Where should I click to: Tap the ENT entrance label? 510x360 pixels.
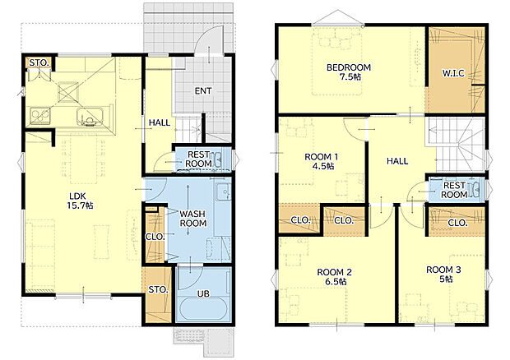[203, 91]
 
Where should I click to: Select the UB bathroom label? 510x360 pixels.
[203, 294]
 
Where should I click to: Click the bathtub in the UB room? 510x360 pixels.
[204, 309]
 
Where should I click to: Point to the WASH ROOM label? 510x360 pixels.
[192, 219]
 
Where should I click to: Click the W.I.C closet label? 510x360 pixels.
[453, 73]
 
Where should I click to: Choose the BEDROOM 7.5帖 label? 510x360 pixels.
[349, 72]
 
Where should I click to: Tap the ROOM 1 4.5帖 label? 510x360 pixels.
[321, 161]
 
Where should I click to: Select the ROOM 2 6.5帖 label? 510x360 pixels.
[334, 277]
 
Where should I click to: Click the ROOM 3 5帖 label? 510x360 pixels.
[443, 275]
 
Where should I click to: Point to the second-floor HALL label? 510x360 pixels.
[397, 161]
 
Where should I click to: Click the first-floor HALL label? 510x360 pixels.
[160, 122]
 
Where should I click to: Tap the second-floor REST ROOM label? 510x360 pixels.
[454, 190]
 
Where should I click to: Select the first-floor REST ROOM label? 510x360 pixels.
[198, 159]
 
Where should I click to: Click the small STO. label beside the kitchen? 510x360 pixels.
[39, 62]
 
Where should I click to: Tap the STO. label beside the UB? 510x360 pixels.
[158, 289]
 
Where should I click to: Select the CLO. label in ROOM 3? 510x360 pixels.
[457, 223]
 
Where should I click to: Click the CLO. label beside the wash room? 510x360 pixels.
[155, 237]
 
